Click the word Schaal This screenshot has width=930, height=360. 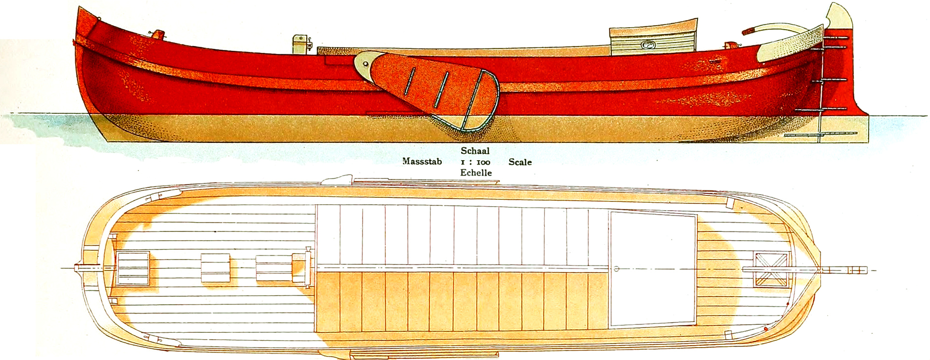[475, 151]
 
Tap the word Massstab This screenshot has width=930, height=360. [422, 162]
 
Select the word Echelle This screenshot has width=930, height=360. [476, 173]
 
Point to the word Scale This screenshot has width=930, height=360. [520, 162]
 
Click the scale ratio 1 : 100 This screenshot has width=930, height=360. [475, 162]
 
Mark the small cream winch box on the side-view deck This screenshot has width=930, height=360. [301, 44]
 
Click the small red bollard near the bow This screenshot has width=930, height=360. [158, 34]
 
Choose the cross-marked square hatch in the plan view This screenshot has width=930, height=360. [771, 269]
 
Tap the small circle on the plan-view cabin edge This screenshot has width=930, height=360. [616, 269]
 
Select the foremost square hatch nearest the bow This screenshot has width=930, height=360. [133, 268]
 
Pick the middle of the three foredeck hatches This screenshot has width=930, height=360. [216, 269]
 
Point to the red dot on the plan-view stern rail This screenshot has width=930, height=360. [765, 328]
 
